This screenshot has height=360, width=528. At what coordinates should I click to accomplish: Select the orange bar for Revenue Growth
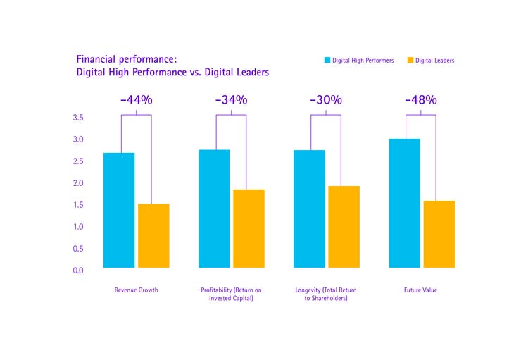[153, 235]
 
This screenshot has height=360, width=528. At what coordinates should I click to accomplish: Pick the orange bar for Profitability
[249, 228]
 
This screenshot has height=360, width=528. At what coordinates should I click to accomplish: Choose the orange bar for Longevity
[344, 227]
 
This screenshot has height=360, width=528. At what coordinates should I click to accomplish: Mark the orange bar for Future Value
[439, 234]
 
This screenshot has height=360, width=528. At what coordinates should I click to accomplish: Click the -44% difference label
[136, 99]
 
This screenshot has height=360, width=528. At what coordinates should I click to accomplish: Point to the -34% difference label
[231, 99]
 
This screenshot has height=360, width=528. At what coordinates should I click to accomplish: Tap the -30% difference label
[326, 99]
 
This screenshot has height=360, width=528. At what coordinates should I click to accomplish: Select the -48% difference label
[421, 99]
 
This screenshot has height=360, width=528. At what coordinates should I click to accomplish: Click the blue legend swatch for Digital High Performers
[327, 61]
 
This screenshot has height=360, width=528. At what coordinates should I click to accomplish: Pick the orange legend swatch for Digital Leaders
[410, 61]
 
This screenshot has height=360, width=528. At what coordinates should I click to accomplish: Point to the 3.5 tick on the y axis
[78, 118]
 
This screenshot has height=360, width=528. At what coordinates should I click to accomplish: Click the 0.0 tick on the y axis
[78, 271]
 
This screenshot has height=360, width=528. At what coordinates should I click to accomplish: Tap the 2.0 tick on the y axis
[78, 183]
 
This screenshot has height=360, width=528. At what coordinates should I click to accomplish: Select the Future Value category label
[420, 290]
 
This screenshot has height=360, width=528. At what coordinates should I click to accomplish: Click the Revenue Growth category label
[136, 290]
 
